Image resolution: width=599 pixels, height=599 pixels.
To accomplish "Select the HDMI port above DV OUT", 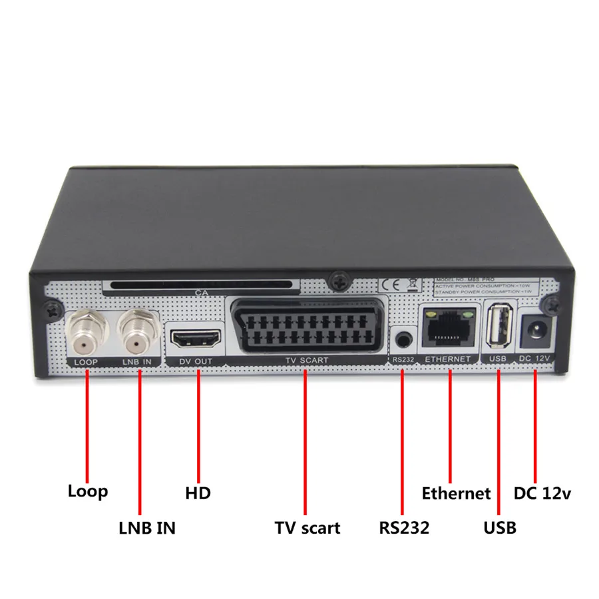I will click(x=197, y=339).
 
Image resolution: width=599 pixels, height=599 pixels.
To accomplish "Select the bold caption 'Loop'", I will click(x=87, y=492).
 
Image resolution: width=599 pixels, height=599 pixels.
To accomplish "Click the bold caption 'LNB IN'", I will click(x=147, y=528).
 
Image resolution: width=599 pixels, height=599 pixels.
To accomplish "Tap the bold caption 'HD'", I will click(x=198, y=493).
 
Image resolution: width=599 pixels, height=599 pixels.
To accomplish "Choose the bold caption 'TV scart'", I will click(x=307, y=528).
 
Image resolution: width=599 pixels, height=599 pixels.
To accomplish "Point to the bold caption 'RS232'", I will click(x=404, y=528).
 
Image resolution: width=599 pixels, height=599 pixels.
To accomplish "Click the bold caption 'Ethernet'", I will click(x=456, y=493).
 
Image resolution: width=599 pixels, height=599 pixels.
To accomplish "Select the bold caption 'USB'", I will click(x=499, y=528).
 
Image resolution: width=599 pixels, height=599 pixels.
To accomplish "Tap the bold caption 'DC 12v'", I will click(x=542, y=493).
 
